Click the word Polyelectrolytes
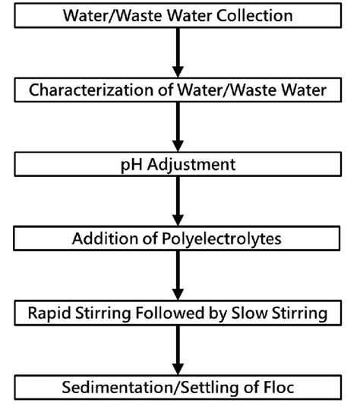(226, 239)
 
